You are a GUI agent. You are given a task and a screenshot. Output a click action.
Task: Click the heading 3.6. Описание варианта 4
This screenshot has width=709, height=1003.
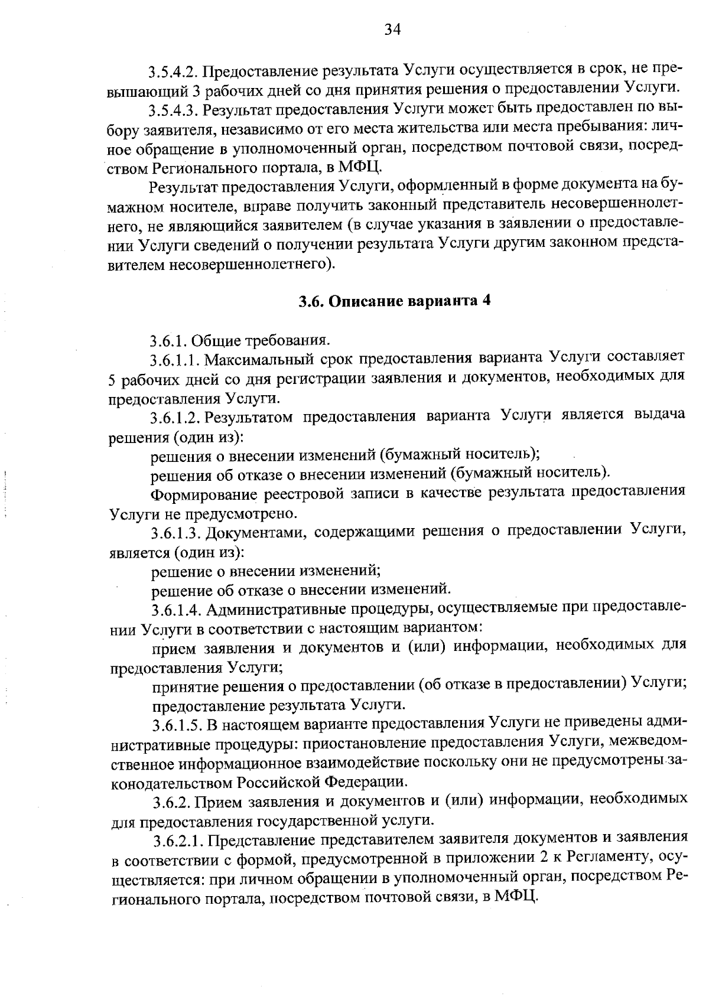point(394,301)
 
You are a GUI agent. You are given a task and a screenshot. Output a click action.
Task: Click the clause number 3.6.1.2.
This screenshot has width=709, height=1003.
point(175,418)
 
